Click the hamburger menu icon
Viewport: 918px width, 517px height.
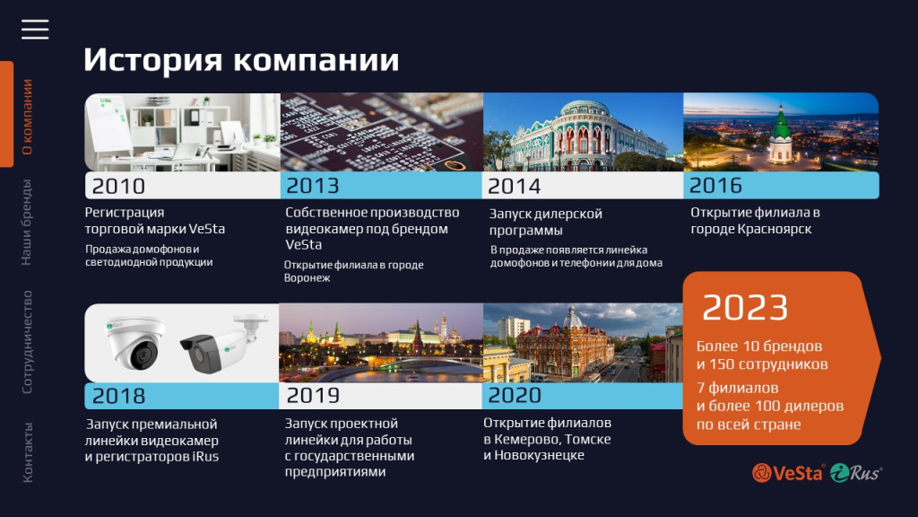tap(35, 30)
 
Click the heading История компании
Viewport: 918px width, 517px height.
tap(241, 60)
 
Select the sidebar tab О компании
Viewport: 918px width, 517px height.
tap(27, 117)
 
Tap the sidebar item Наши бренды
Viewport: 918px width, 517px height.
tap(27, 223)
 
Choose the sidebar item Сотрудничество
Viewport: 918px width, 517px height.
tap(27, 342)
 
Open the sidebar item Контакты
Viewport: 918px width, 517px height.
tap(27, 452)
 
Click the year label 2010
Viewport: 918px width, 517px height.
tap(118, 187)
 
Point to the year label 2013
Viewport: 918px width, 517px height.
tap(313, 187)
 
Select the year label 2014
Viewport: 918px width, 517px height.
tap(515, 187)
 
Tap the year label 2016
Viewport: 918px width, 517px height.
tap(716, 186)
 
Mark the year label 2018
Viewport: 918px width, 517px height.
tap(118, 396)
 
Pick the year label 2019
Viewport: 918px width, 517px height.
tap(313, 396)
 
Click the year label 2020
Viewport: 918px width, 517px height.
tap(515, 396)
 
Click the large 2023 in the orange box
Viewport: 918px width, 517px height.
tap(745, 308)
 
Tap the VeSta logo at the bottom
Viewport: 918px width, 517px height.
tap(788, 473)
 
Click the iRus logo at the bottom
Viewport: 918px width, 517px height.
tap(855, 473)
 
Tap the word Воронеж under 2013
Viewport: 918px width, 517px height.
tap(307, 278)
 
